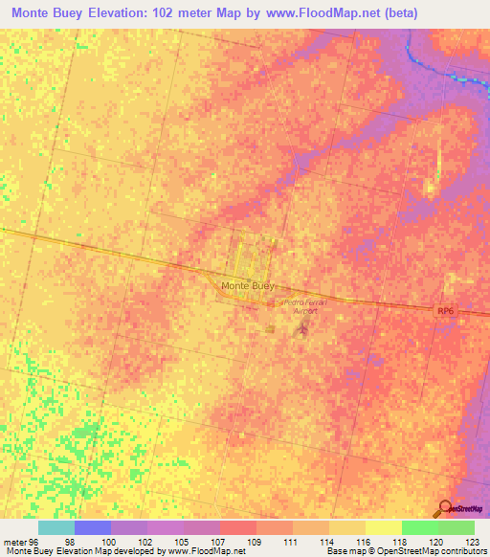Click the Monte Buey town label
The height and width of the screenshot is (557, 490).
point(248,285)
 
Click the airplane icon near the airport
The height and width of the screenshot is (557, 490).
point(303,330)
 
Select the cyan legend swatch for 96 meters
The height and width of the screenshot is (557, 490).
point(56,527)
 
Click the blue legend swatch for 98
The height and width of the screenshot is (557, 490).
point(93,527)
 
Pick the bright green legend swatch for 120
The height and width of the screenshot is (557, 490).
point(419,527)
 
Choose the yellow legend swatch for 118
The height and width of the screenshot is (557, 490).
point(383,527)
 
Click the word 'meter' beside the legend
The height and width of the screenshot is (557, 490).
point(14,543)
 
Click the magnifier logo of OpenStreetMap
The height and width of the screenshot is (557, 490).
point(447,508)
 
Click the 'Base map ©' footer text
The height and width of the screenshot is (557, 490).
point(345,552)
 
